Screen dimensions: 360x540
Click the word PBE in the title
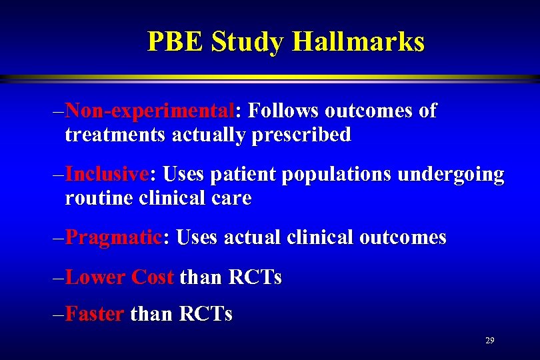click(x=175, y=42)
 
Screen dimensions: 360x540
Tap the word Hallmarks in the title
click(x=358, y=42)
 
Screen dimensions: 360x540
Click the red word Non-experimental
click(x=151, y=111)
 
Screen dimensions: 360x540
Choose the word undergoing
click(x=451, y=175)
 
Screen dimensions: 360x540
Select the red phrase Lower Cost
click(x=120, y=277)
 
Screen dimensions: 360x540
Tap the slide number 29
click(x=490, y=341)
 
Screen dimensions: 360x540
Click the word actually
click(x=211, y=135)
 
